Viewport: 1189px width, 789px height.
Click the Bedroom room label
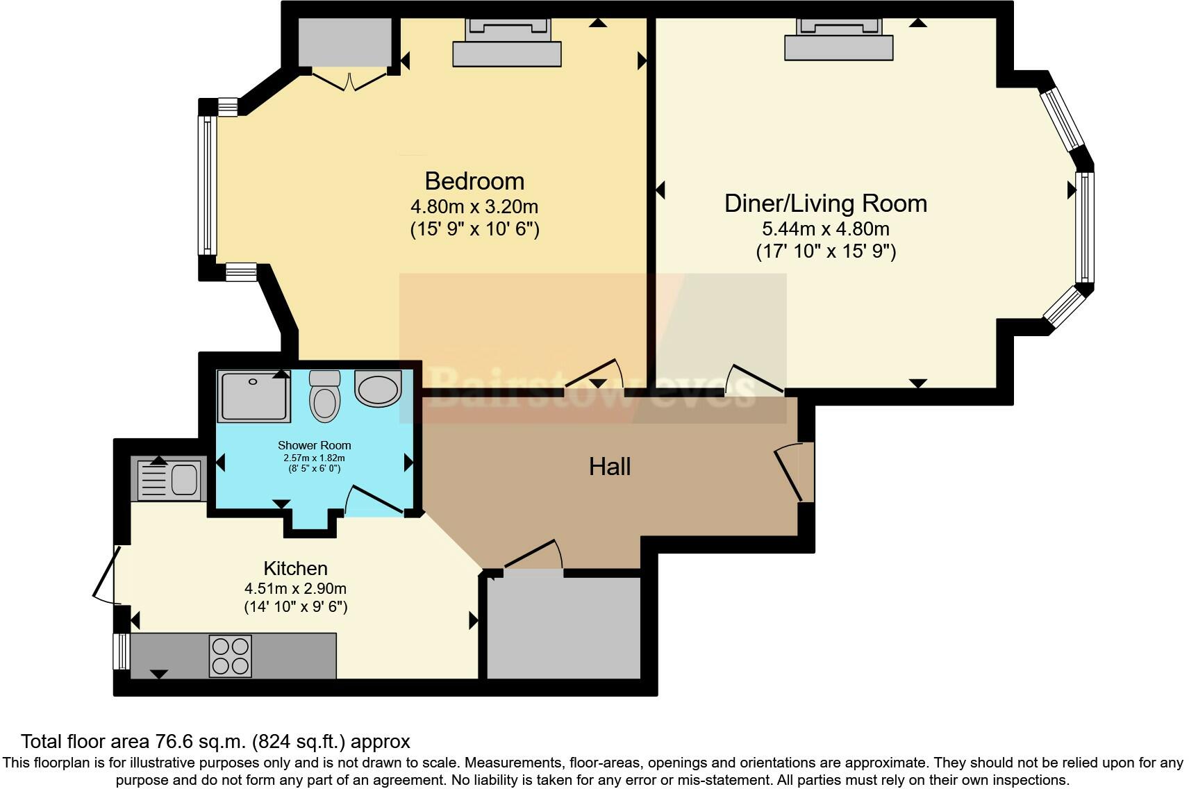click(474, 181)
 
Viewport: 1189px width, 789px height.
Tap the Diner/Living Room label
click(825, 204)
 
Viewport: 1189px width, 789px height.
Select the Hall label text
click(609, 466)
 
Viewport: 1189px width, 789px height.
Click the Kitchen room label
click(295, 568)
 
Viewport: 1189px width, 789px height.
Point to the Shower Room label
click(314, 445)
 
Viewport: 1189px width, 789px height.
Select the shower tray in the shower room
click(253, 396)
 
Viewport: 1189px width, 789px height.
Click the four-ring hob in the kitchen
click(231, 656)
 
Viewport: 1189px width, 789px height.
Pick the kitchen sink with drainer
click(169, 479)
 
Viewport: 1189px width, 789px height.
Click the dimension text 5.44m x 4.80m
click(825, 229)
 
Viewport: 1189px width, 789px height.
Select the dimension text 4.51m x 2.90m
click(295, 588)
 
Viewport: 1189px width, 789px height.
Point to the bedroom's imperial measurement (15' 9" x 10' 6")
click(474, 229)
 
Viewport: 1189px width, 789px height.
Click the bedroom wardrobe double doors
click(349, 79)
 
